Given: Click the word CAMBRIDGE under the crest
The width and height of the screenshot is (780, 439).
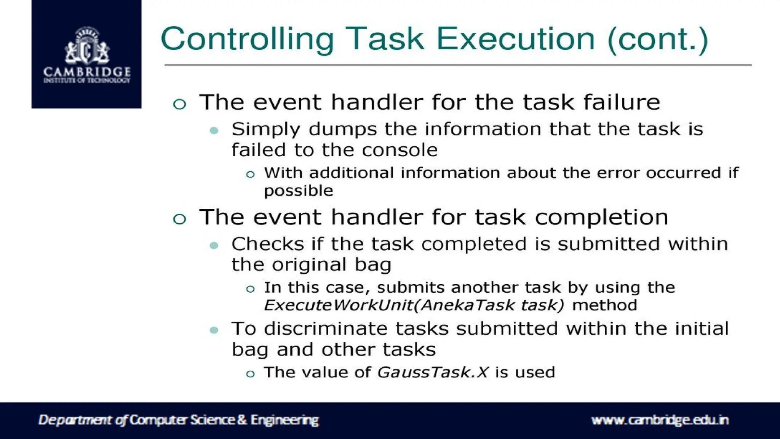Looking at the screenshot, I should click(87, 72).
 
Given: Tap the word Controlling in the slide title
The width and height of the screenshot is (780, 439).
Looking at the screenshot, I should click(247, 39).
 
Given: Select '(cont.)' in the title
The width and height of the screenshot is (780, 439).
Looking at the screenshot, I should click(657, 39).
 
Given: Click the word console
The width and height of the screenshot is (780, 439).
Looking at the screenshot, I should click(400, 150).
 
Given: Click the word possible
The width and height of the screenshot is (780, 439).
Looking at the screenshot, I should click(299, 191).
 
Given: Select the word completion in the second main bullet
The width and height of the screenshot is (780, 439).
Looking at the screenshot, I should click(601, 217).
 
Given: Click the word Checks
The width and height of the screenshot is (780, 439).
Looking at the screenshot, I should click(268, 244).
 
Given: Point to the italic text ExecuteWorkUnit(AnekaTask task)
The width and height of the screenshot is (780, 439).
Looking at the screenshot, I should click(414, 305).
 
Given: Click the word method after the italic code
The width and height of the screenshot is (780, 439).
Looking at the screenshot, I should click(604, 305).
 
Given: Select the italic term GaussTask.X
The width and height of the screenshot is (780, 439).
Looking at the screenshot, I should click(432, 372).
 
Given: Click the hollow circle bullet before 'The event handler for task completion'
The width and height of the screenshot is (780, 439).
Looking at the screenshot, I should click(179, 219).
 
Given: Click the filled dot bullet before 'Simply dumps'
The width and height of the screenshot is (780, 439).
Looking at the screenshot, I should click(214, 131).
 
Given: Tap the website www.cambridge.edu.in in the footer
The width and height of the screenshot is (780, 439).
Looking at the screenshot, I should click(660, 420).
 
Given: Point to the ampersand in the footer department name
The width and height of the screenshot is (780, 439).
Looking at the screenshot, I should click(242, 420).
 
